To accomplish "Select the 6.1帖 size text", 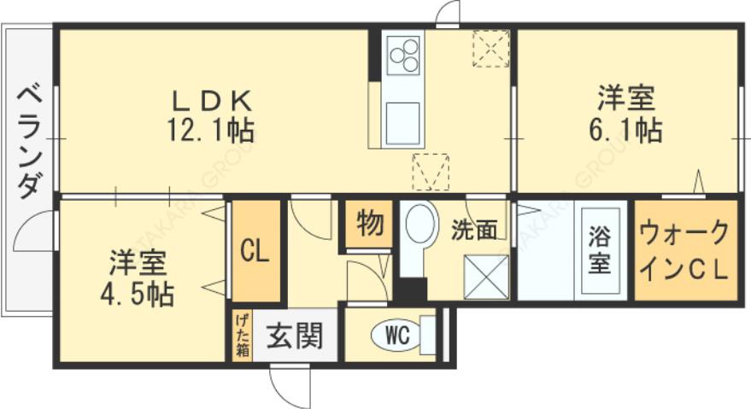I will coord(626,130).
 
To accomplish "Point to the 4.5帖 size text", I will coord(136,294).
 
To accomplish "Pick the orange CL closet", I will coord(256,252).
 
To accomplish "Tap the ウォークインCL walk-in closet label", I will coord(684,249).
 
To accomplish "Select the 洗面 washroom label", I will coord(474,230).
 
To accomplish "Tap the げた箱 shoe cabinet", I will coord(243,336).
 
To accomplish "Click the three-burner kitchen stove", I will coord(403,56).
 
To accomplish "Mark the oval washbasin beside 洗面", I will coord(419,225).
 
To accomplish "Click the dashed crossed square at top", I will coord(490,48).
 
